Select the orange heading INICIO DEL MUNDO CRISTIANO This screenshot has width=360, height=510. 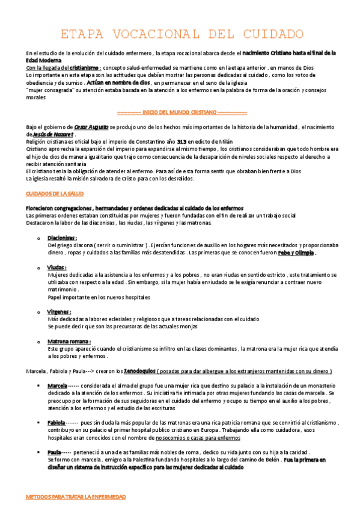coord(181,112)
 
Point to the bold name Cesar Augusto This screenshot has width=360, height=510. coord(93,127)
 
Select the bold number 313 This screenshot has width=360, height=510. coord(182,142)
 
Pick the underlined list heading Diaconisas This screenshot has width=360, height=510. coord(62,238)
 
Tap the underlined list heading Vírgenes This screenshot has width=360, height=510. coord(59,312)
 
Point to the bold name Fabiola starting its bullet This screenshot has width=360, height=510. coord(57,423)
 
